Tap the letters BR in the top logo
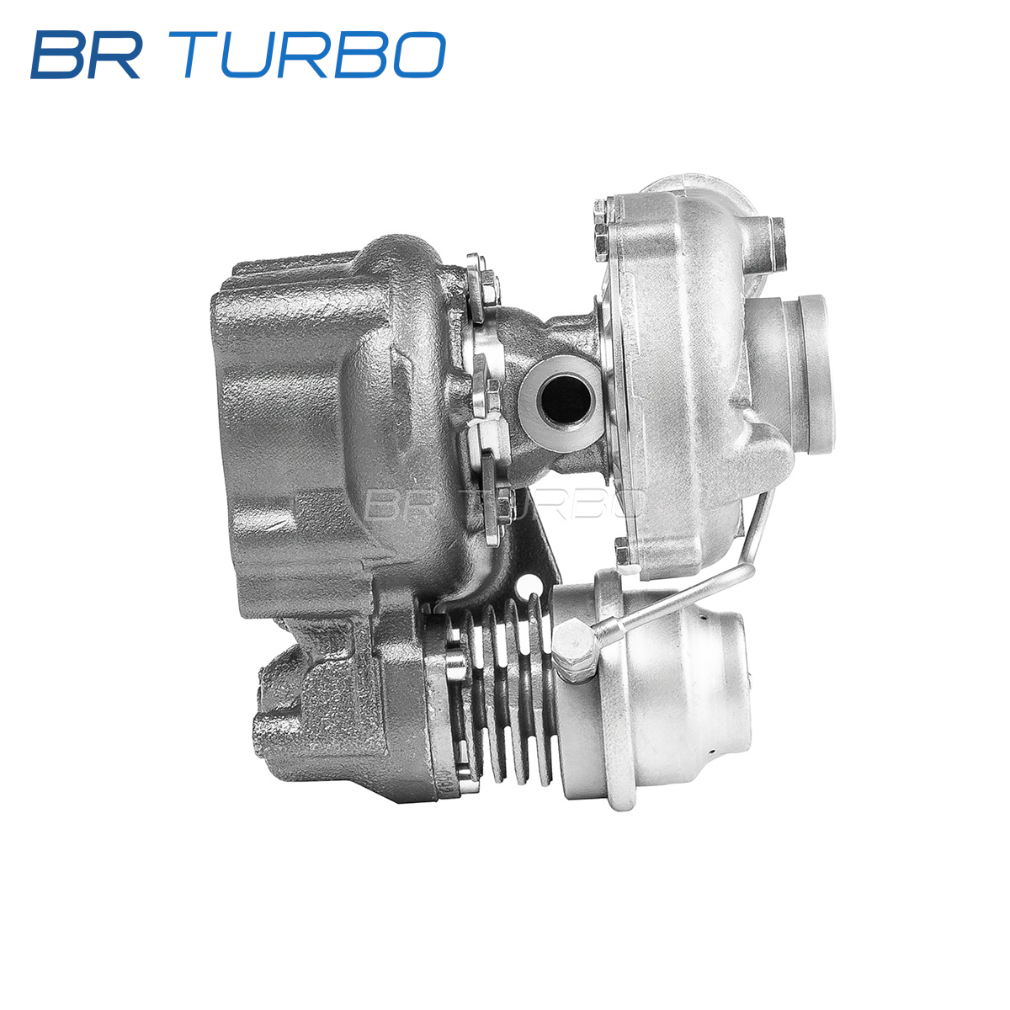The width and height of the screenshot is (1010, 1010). click(87, 55)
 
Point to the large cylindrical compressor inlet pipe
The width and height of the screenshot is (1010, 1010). click(791, 373)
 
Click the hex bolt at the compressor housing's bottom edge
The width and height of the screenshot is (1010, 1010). click(623, 552)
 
